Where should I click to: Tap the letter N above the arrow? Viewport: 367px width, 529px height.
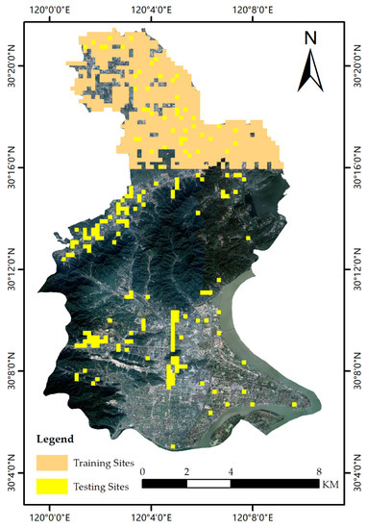(310, 38)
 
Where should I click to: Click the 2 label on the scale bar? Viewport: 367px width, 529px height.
(187, 471)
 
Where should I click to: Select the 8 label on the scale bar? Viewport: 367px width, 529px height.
(319, 471)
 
